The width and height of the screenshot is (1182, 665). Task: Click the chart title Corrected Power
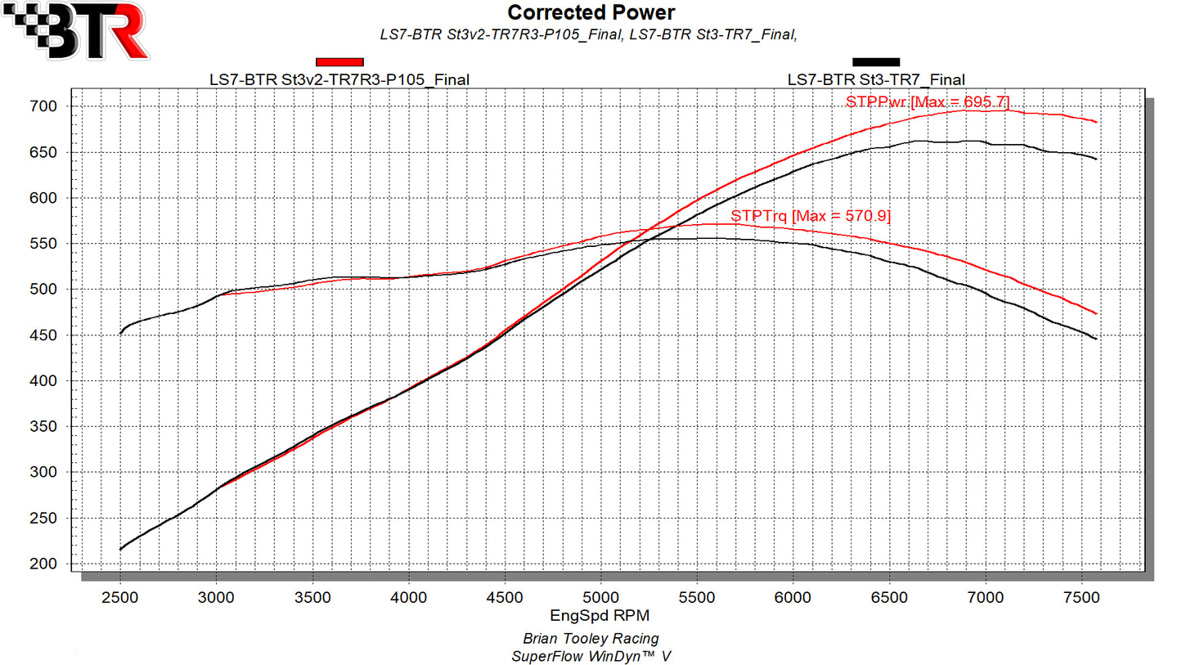coord(591,12)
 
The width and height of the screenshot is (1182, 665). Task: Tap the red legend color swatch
coord(339,61)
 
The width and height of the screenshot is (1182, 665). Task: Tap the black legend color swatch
coord(876,61)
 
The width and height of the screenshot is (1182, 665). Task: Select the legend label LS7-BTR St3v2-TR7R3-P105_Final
coord(339,79)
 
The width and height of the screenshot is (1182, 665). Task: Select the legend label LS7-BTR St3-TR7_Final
coord(876,79)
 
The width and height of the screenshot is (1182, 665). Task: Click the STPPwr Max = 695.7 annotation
coord(928,101)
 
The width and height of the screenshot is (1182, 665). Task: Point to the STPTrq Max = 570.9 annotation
coord(811,216)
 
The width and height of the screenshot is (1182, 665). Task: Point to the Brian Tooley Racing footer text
coord(591,638)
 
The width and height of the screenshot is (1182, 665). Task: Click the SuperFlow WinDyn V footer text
coord(591,656)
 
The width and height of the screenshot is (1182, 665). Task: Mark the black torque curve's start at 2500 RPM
coord(121,333)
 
